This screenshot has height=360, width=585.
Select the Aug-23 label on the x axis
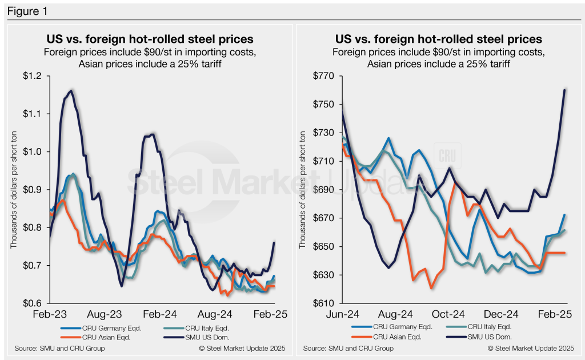(105, 315)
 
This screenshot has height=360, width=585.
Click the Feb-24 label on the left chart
(159, 315)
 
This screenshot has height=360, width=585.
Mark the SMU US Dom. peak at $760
(564, 90)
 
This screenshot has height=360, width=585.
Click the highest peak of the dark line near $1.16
(71, 90)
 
